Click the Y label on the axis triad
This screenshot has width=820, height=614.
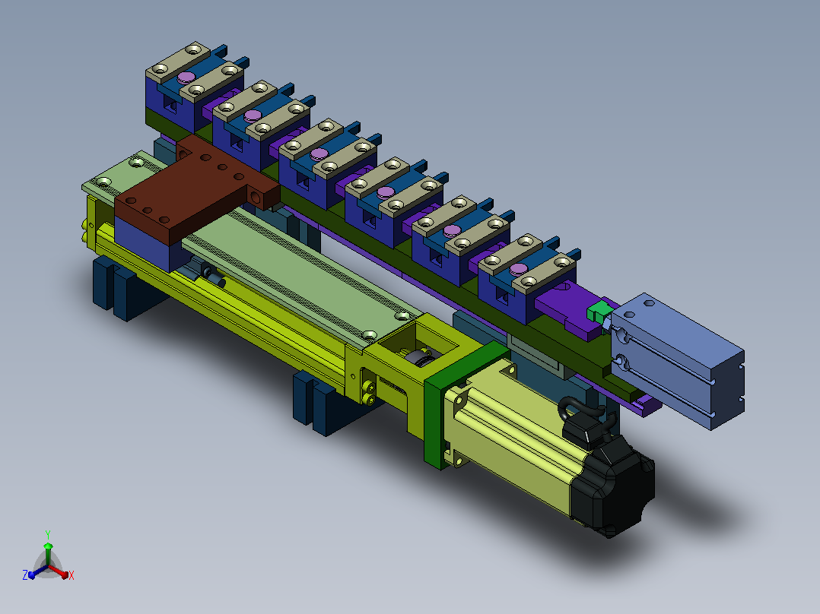click(48, 534)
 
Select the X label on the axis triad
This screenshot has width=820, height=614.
click(72, 575)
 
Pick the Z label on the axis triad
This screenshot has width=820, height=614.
click(25, 574)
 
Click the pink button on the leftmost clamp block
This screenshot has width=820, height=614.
click(186, 78)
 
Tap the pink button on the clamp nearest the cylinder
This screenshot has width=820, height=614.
click(518, 269)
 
